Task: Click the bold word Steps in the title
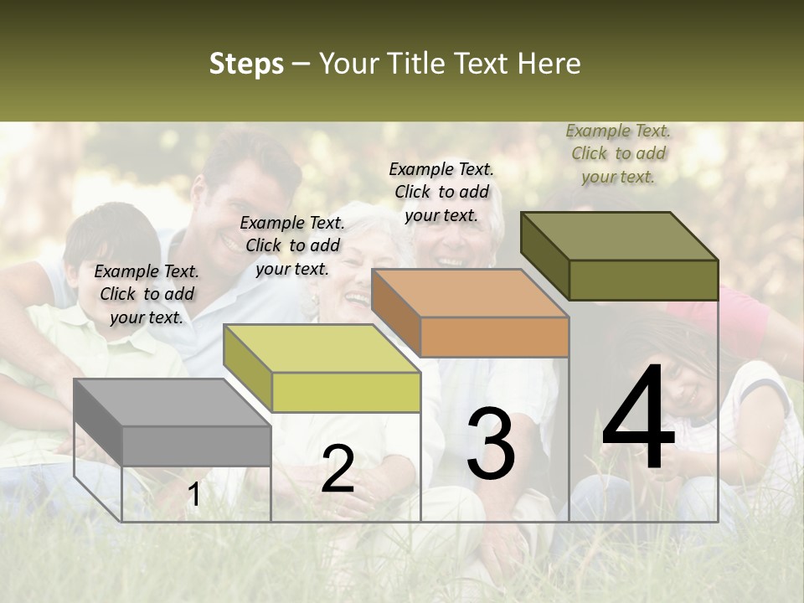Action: pos(246,64)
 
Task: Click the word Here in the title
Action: pos(549,64)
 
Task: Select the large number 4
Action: pos(638,419)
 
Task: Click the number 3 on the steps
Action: pos(491,444)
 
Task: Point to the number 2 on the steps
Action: pos(338,469)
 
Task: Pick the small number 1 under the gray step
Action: pos(193,495)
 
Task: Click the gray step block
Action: pos(172,423)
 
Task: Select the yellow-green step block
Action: pos(322,368)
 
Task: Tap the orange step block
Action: pos(470,313)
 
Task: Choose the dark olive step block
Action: pos(619,256)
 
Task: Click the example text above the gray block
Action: pos(147,294)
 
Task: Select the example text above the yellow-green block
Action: pos(292,245)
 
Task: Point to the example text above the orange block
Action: pos(441,192)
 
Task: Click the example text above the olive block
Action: pos(618,153)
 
